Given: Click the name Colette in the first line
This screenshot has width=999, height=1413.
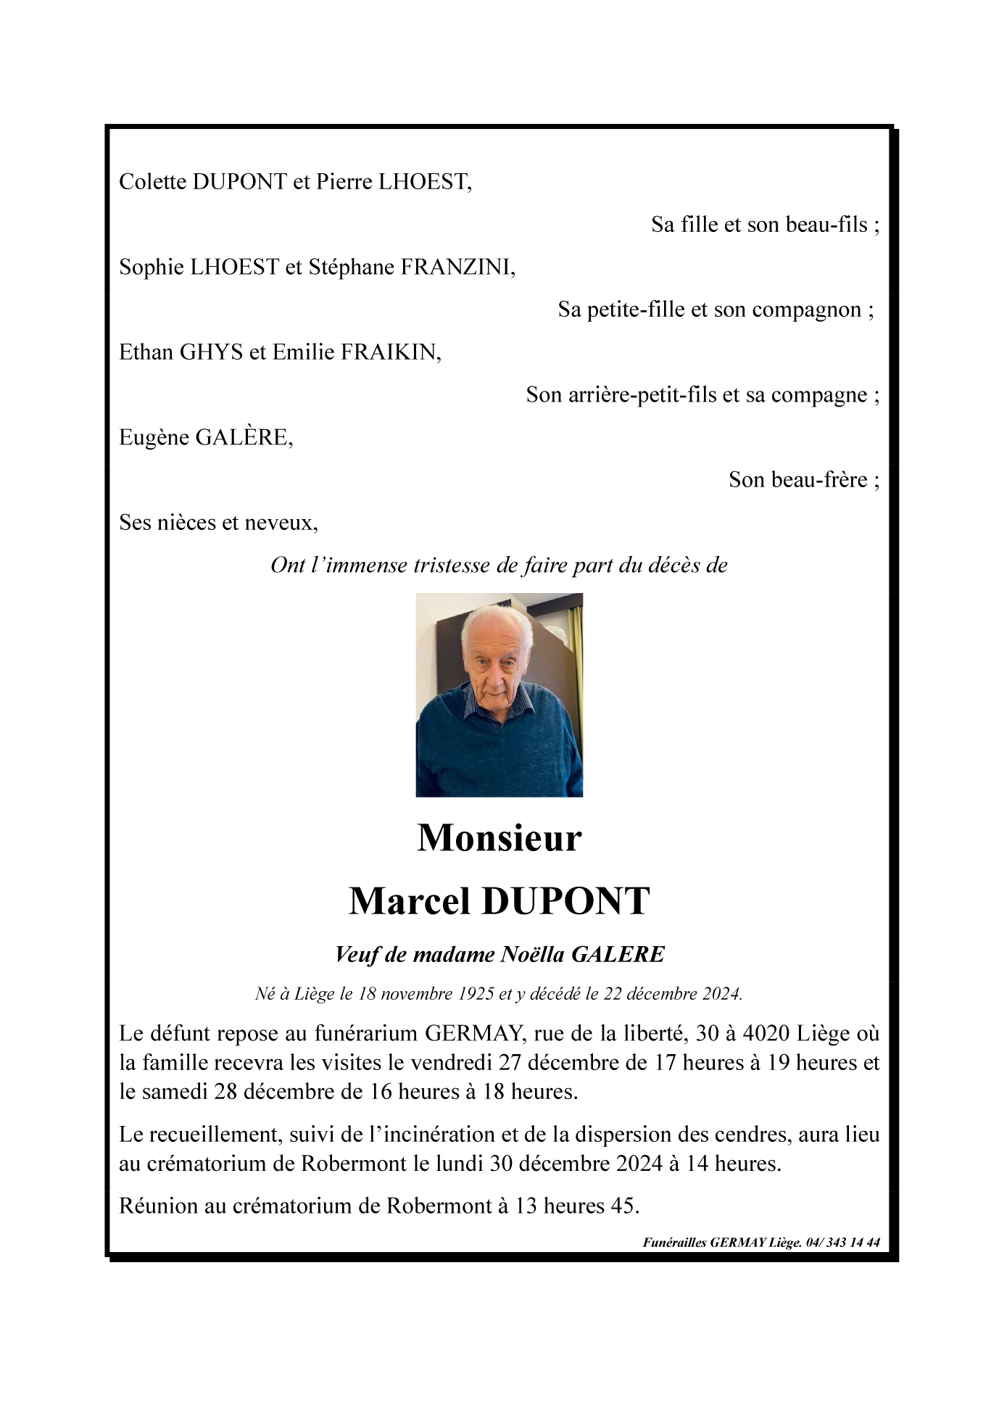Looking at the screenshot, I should point(152,182).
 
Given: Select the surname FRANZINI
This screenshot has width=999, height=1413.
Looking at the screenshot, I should point(457,268).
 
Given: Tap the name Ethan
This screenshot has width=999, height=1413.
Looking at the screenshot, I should point(146,352).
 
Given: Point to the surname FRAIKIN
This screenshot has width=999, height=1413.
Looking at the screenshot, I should point(390,352).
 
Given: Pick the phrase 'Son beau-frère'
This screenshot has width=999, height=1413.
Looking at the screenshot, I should point(797,480).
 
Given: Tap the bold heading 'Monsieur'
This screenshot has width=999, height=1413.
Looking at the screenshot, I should point(499,838).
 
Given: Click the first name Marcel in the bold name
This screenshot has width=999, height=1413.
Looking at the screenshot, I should point(409,901).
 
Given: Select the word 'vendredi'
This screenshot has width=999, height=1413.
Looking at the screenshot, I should point(449,1063).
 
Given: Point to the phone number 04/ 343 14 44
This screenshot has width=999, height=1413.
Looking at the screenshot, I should point(843,1243).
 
